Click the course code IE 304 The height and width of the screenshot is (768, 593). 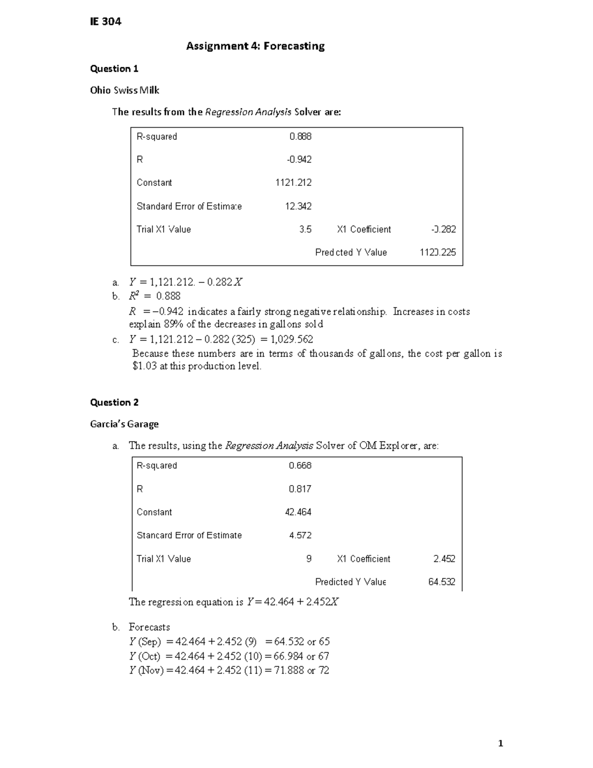(105, 21)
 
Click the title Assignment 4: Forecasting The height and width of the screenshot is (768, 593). (255, 46)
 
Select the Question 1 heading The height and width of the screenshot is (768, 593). (114, 69)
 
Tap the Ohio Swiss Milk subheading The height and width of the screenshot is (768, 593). (125, 90)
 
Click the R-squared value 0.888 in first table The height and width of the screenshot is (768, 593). (300, 136)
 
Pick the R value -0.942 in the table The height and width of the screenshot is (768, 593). (299, 160)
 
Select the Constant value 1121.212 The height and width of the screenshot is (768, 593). (294, 182)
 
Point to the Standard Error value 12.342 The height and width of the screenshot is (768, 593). (298, 206)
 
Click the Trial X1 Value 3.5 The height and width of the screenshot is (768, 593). (305, 229)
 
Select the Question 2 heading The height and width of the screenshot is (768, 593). (114, 403)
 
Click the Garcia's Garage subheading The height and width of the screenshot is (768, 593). (124, 424)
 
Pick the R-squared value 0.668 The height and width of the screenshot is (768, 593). (300, 465)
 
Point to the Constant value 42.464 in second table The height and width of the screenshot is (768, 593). (298, 512)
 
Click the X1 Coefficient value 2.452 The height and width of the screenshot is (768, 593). (444, 559)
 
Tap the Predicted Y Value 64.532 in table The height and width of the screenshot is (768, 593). (442, 582)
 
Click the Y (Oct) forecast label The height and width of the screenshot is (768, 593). (145, 656)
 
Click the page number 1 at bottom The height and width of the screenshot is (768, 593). (501, 743)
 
